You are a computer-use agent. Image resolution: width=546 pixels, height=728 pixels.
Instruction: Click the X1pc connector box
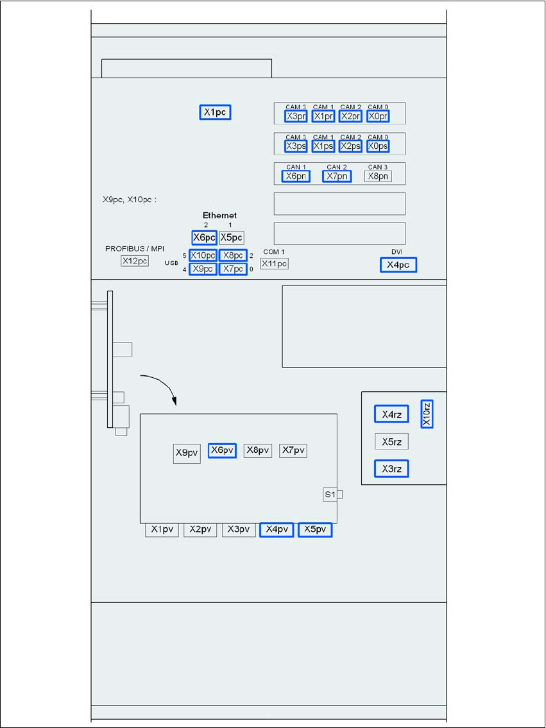point(214,113)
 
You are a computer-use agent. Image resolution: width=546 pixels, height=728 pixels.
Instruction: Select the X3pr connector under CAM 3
point(296,116)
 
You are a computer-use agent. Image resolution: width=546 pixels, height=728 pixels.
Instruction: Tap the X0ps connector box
point(378,146)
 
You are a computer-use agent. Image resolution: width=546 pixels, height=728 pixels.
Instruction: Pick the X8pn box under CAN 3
point(378,176)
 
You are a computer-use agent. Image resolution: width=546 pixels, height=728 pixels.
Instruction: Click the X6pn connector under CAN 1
point(296,176)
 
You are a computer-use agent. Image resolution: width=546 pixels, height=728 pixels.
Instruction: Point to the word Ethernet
point(219,216)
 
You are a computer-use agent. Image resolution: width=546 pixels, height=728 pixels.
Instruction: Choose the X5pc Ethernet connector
point(231,237)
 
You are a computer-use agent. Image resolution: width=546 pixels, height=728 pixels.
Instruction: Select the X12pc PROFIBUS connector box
point(135,260)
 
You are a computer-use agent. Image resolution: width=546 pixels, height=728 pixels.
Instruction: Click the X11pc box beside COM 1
point(274,263)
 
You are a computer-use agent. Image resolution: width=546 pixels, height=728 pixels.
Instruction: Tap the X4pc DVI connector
point(398,265)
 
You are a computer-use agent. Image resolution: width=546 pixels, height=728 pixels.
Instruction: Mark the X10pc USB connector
point(203,255)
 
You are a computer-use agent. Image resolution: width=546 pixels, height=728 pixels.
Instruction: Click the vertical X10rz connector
point(427,414)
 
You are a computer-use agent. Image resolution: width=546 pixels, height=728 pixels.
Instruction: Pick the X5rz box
point(391,442)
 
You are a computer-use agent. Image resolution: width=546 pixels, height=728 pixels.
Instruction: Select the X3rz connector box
point(391,469)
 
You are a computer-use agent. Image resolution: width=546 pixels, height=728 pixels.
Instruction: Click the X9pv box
point(187,453)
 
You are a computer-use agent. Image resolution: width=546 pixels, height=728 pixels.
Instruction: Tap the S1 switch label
point(330,495)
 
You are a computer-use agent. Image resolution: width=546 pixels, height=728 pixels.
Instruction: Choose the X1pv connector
point(162,530)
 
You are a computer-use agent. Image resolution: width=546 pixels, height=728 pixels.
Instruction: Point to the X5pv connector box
point(315,530)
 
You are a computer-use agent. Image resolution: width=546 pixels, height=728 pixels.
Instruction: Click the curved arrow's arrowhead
point(175,402)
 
